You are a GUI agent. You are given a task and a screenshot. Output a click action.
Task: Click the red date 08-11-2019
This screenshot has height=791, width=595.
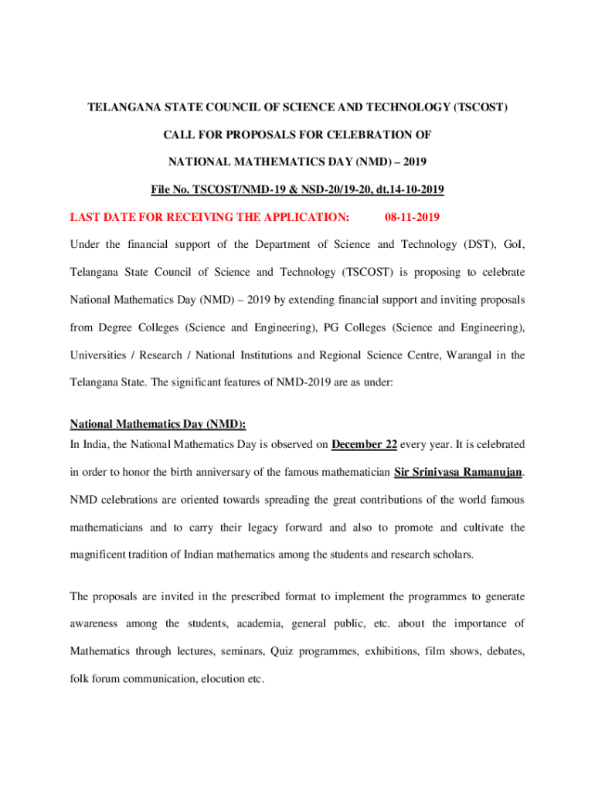(412, 217)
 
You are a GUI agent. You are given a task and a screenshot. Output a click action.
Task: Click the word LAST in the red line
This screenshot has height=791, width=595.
(87, 217)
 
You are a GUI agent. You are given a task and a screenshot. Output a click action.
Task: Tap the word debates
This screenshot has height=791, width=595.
(503, 651)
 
